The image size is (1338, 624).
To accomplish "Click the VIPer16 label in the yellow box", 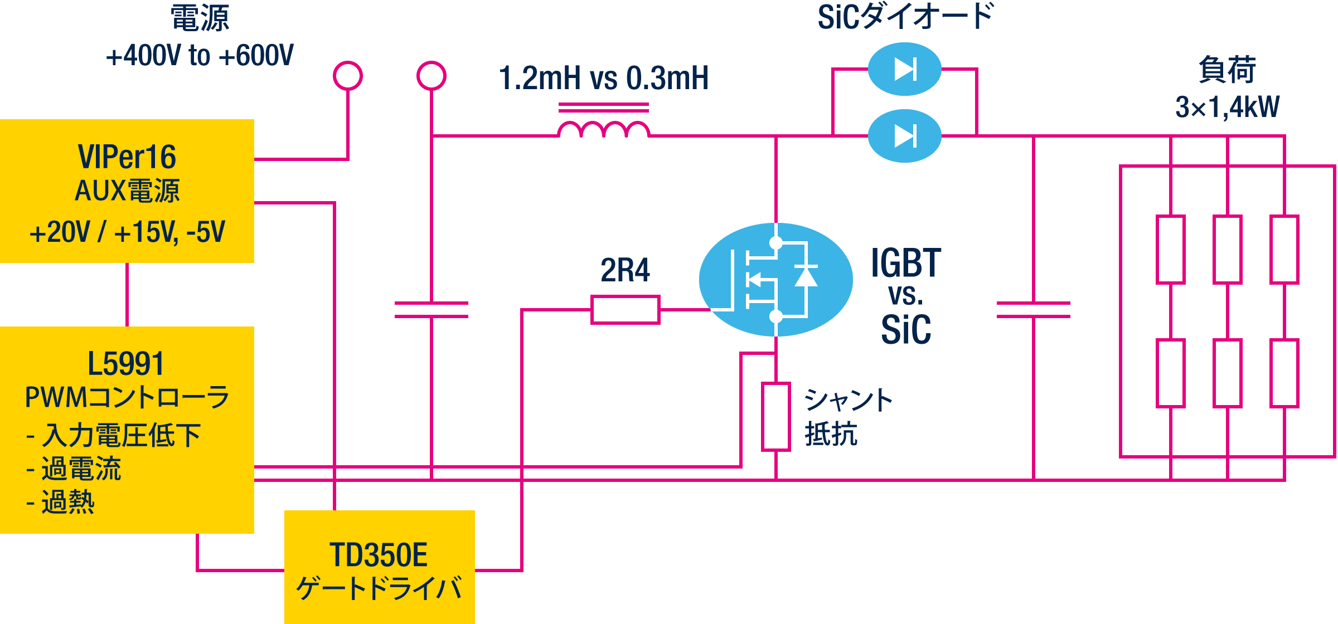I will click(127, 157).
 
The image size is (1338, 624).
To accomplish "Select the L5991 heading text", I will click(126, 364).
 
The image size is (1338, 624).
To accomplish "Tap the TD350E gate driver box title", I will click(379, 555).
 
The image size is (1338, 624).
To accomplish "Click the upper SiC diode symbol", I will click(904, 69).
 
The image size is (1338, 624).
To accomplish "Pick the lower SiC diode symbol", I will click(904, 136).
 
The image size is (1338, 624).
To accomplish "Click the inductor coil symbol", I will click(603, 129).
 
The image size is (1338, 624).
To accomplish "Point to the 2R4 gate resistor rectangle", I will click(625, 310).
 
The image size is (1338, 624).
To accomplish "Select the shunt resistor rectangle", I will click(776, 416).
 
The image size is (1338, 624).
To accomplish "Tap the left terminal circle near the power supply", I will click(348, 76).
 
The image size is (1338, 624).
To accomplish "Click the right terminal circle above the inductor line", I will click(432, 76).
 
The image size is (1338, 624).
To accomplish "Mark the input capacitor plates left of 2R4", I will click(432, 310).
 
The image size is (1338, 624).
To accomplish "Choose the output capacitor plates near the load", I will click(1033, 310).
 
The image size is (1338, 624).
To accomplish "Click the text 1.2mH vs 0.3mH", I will click(603, 78).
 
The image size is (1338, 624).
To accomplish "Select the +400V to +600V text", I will click(200, 56).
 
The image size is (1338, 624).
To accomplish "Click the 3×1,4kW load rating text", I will click(1227, 107).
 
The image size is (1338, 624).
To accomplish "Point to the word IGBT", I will click(906, 263).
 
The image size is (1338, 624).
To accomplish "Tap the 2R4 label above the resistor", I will click(625, 270).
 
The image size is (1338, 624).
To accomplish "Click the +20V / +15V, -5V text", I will click(127, 232).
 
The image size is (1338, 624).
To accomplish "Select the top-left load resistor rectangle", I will click(1171, 250).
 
